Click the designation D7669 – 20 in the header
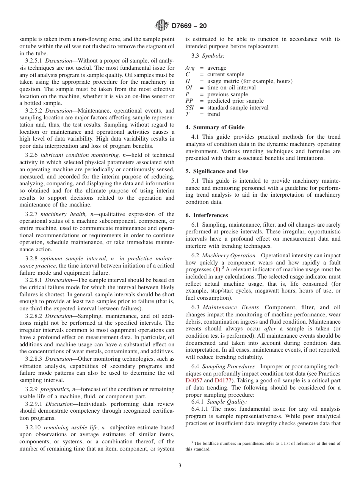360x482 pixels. click(189, 26)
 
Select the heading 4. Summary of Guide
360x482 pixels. click(215, 127)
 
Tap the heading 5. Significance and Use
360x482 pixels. click(217, 171)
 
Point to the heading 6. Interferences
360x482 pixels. click(207, 215)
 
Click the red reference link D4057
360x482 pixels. click(194, 380)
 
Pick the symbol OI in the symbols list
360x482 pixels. click(189, 88)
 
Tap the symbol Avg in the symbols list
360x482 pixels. click(190, 68)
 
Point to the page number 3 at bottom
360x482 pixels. click(180, 466)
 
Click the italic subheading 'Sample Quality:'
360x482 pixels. click(227, 402)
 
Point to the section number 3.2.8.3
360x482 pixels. click(34, 359)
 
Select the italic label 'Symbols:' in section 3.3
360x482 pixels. click(214, 56)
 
